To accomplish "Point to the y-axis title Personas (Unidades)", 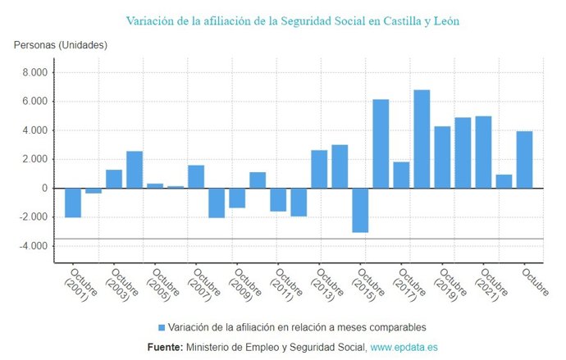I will pos(60,44).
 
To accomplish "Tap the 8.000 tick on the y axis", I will pos(34,73).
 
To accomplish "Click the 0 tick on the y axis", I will pos(45,189).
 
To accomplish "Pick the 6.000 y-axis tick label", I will pos(34,102).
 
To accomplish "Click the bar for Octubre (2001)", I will pos(73,203).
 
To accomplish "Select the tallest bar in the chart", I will pos(422,139).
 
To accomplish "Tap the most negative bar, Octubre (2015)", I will pos(360,210).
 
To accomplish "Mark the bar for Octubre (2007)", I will pos(196,176).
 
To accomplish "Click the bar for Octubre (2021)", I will pos(483,153).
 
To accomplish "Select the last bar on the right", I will pos(524,160).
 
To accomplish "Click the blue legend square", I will pos(162,327).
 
